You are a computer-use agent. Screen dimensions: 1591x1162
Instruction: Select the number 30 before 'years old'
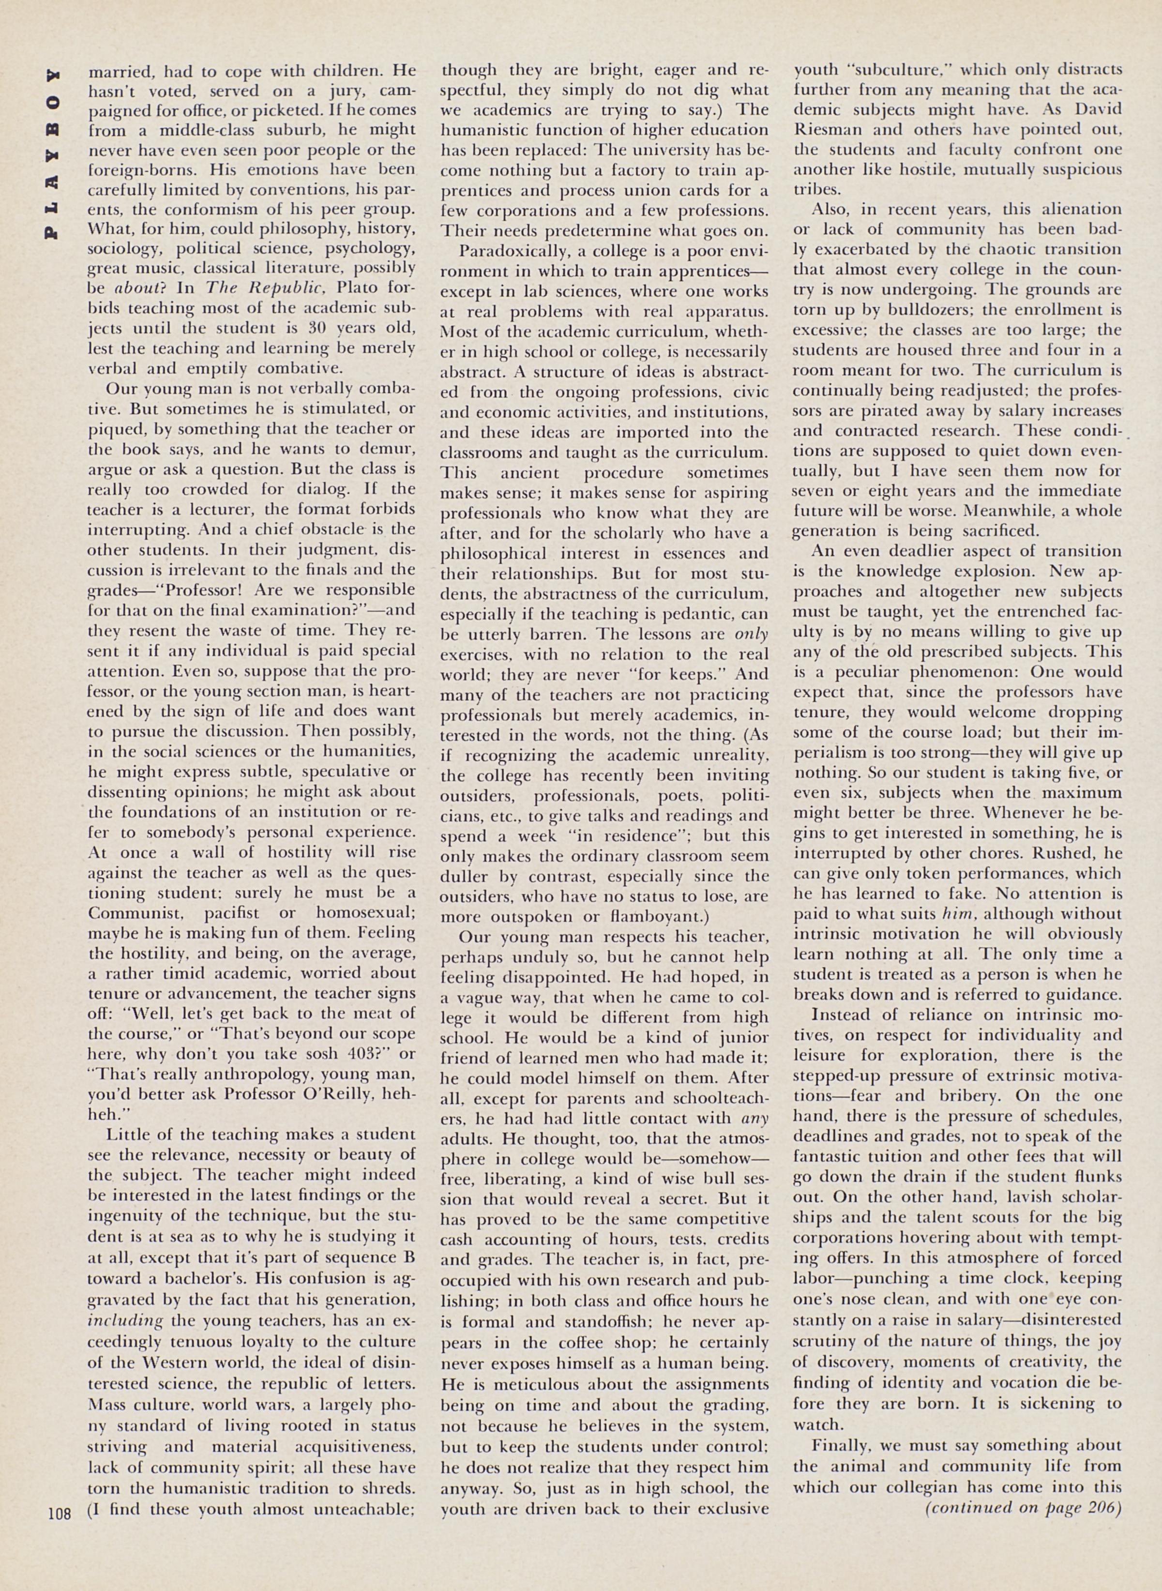[287, 328]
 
